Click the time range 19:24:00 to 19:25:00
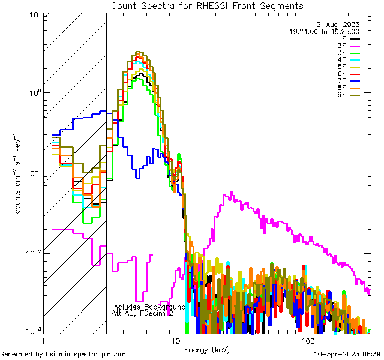324,31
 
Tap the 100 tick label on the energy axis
308,341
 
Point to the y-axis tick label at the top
28,13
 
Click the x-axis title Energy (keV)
206,349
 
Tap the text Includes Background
149,307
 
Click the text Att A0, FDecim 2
143,313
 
